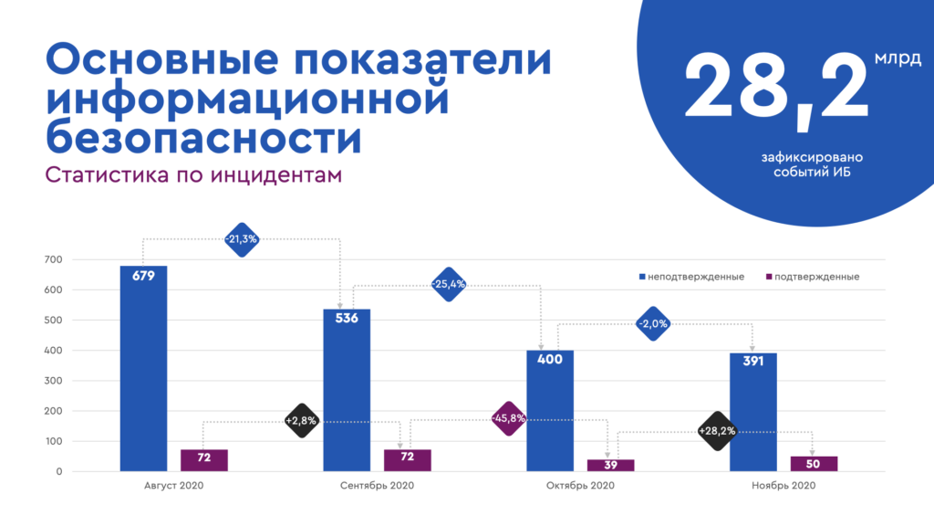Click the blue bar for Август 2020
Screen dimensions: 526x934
coord(143,369)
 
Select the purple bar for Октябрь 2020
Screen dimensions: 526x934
coord(610,466)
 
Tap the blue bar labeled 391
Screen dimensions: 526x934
coord(752,413)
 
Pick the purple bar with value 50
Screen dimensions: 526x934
coord(814,464)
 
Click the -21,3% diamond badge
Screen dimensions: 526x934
coord(242,239)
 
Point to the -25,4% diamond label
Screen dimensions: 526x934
coord(448,284)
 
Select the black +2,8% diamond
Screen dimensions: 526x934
coord(300,421)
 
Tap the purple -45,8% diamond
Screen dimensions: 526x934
coord(508,419)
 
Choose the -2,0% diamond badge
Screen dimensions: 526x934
coord(653,323)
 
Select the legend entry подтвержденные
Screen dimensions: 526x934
coord(812,277)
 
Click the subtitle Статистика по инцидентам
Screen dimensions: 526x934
coord(193,174)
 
